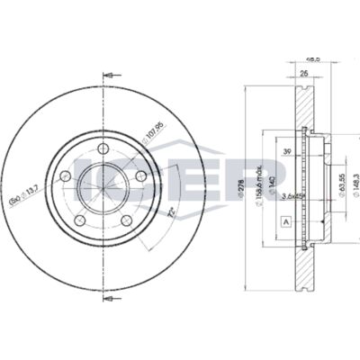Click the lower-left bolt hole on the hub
[x=80, y=220]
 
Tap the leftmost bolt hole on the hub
[x=66, y=177]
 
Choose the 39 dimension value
[x=286, y=153]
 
